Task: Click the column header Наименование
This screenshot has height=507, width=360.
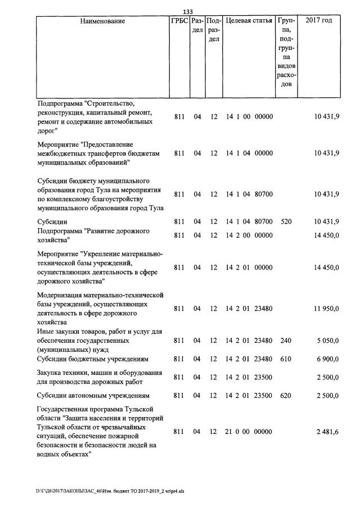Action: click(102, 21)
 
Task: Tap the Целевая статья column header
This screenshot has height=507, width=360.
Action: click(249, 21)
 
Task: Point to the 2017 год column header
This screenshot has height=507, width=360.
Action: click(318, 21)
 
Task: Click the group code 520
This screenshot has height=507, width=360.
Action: click(286, 221)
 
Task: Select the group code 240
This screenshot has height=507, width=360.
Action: click(286, 340)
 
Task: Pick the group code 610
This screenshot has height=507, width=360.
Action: click(286, 359)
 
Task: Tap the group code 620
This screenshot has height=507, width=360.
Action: click(286, 396)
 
